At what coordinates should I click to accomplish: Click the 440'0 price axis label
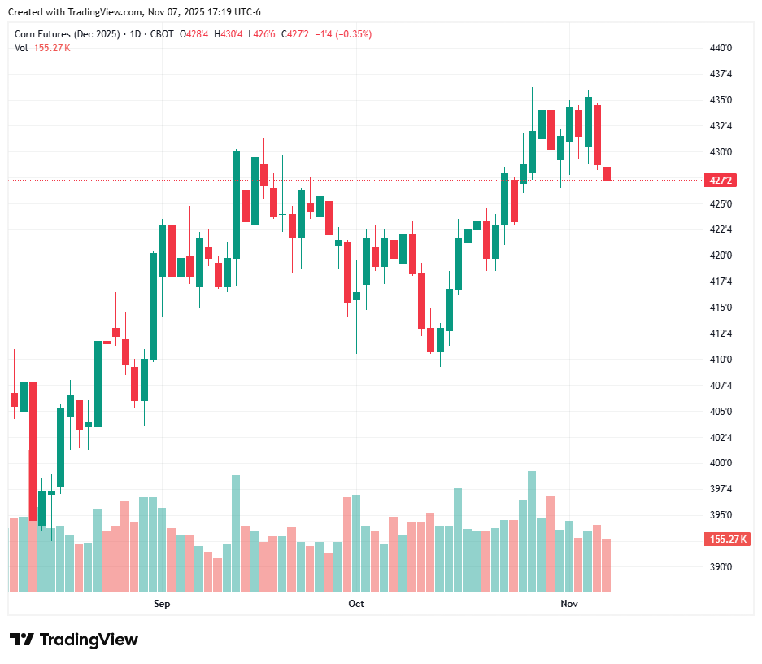tap(721, 48)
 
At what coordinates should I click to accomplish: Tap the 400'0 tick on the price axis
tap(721, 463)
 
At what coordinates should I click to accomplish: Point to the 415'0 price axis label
tap(721, 308)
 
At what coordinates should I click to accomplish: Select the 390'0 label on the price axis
tap(721, 567)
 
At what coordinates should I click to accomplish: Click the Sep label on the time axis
tap(162, 604)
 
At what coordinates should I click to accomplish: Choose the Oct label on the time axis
tap(356, 604)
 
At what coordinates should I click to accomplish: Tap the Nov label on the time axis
tap(569, 604)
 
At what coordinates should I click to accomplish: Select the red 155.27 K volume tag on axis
tap(728, 539)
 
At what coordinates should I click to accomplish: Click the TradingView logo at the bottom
tap(74, 640)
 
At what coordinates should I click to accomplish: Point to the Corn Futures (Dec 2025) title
tap(67, 33)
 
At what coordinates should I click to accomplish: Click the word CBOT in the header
tap(163, 33)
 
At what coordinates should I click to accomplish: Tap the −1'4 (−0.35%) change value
tap(344, 33)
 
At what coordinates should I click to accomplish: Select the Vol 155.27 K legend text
tap(42, 47)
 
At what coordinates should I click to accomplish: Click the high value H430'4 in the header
tap(228, 33)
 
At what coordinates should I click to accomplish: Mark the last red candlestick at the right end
tap(607, 173)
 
